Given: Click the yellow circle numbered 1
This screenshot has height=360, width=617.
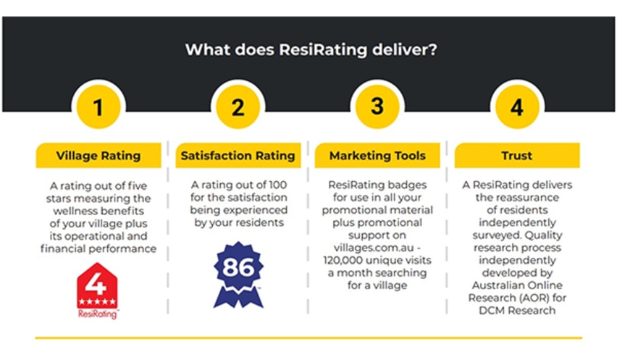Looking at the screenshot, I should [x=98, y=108].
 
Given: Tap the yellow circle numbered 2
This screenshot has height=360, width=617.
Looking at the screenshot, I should [x=238, y=108].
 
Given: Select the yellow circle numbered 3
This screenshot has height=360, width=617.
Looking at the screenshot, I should [x=377, y=107].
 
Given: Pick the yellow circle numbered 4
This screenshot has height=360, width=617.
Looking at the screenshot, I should [x=516, y=108].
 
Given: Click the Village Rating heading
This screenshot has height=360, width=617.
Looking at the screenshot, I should [x=98, y=155].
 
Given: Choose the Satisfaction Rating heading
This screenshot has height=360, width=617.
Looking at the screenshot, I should [x=238, y=155].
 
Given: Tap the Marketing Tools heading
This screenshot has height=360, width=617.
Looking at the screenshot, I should [x=377, y=155].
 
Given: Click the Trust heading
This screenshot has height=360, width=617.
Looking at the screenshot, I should [x=516, y=155].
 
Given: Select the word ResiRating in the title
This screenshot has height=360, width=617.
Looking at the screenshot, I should [x=313, y=50].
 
